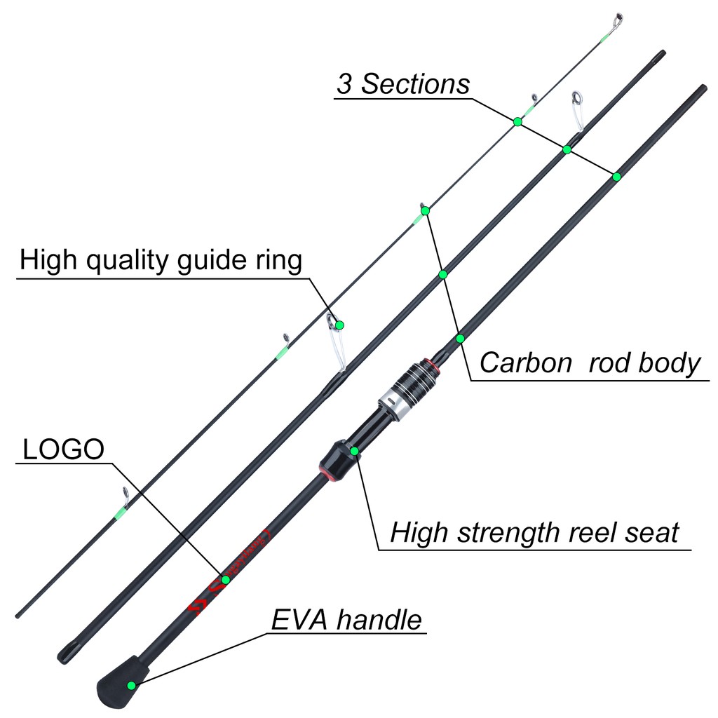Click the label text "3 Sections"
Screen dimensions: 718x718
pos(403,84)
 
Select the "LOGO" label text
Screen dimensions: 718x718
pos(63,450)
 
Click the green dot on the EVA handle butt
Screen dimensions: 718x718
pos(131,685)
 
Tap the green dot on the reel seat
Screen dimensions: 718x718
pos(354,450)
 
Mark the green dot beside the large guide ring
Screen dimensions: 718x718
pos(340,325)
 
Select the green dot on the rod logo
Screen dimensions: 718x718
pos(226,579)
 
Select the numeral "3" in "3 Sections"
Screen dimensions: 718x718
pos(344,84)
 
